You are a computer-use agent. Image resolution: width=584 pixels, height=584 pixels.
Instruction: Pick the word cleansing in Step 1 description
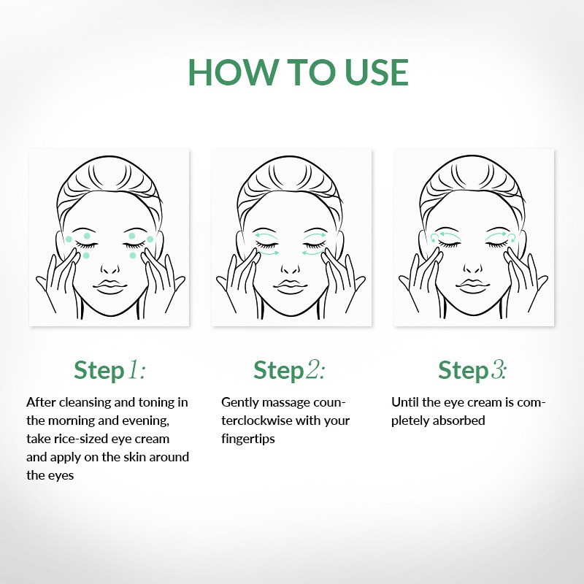point(85,403)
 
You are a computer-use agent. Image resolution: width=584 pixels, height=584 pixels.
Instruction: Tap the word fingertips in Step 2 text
point(248,439)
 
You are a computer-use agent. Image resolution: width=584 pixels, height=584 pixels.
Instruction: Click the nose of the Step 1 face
point(110,269)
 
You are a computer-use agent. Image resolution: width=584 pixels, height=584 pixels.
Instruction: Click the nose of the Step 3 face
point(473,269)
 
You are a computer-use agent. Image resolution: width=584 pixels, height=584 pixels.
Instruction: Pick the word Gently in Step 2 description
point(240,403)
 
